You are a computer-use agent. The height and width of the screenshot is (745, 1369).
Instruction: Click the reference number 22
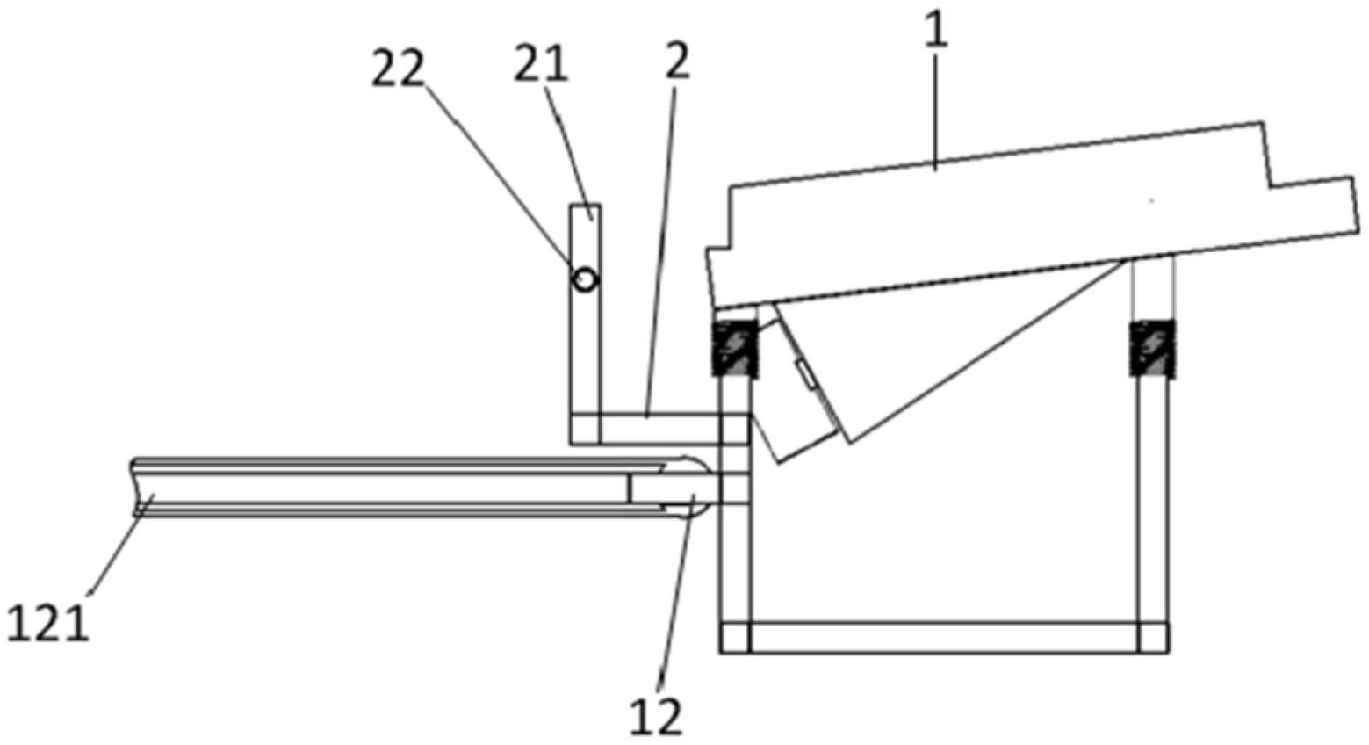[x=397, y=69]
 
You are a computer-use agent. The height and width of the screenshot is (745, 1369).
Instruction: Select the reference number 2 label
[x=676, y=60]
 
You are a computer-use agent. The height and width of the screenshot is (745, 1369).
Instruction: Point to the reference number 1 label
[x=938, y=32]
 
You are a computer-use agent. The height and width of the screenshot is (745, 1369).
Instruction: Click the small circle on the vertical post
[x=585, y=279]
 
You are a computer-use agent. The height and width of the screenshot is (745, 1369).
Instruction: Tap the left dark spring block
[x=733, y=349]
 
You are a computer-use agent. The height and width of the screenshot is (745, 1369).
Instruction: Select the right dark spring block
[x=1151, y=349]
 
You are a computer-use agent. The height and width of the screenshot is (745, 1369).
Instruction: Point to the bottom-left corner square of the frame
[x=735, y=637]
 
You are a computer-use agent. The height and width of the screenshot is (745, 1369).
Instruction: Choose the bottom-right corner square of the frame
[x=1153, y=637]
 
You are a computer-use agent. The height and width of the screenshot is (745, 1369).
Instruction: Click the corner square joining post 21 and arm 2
[x=585, y=429]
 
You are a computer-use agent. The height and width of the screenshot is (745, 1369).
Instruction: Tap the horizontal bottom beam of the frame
[x=944, y=637]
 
